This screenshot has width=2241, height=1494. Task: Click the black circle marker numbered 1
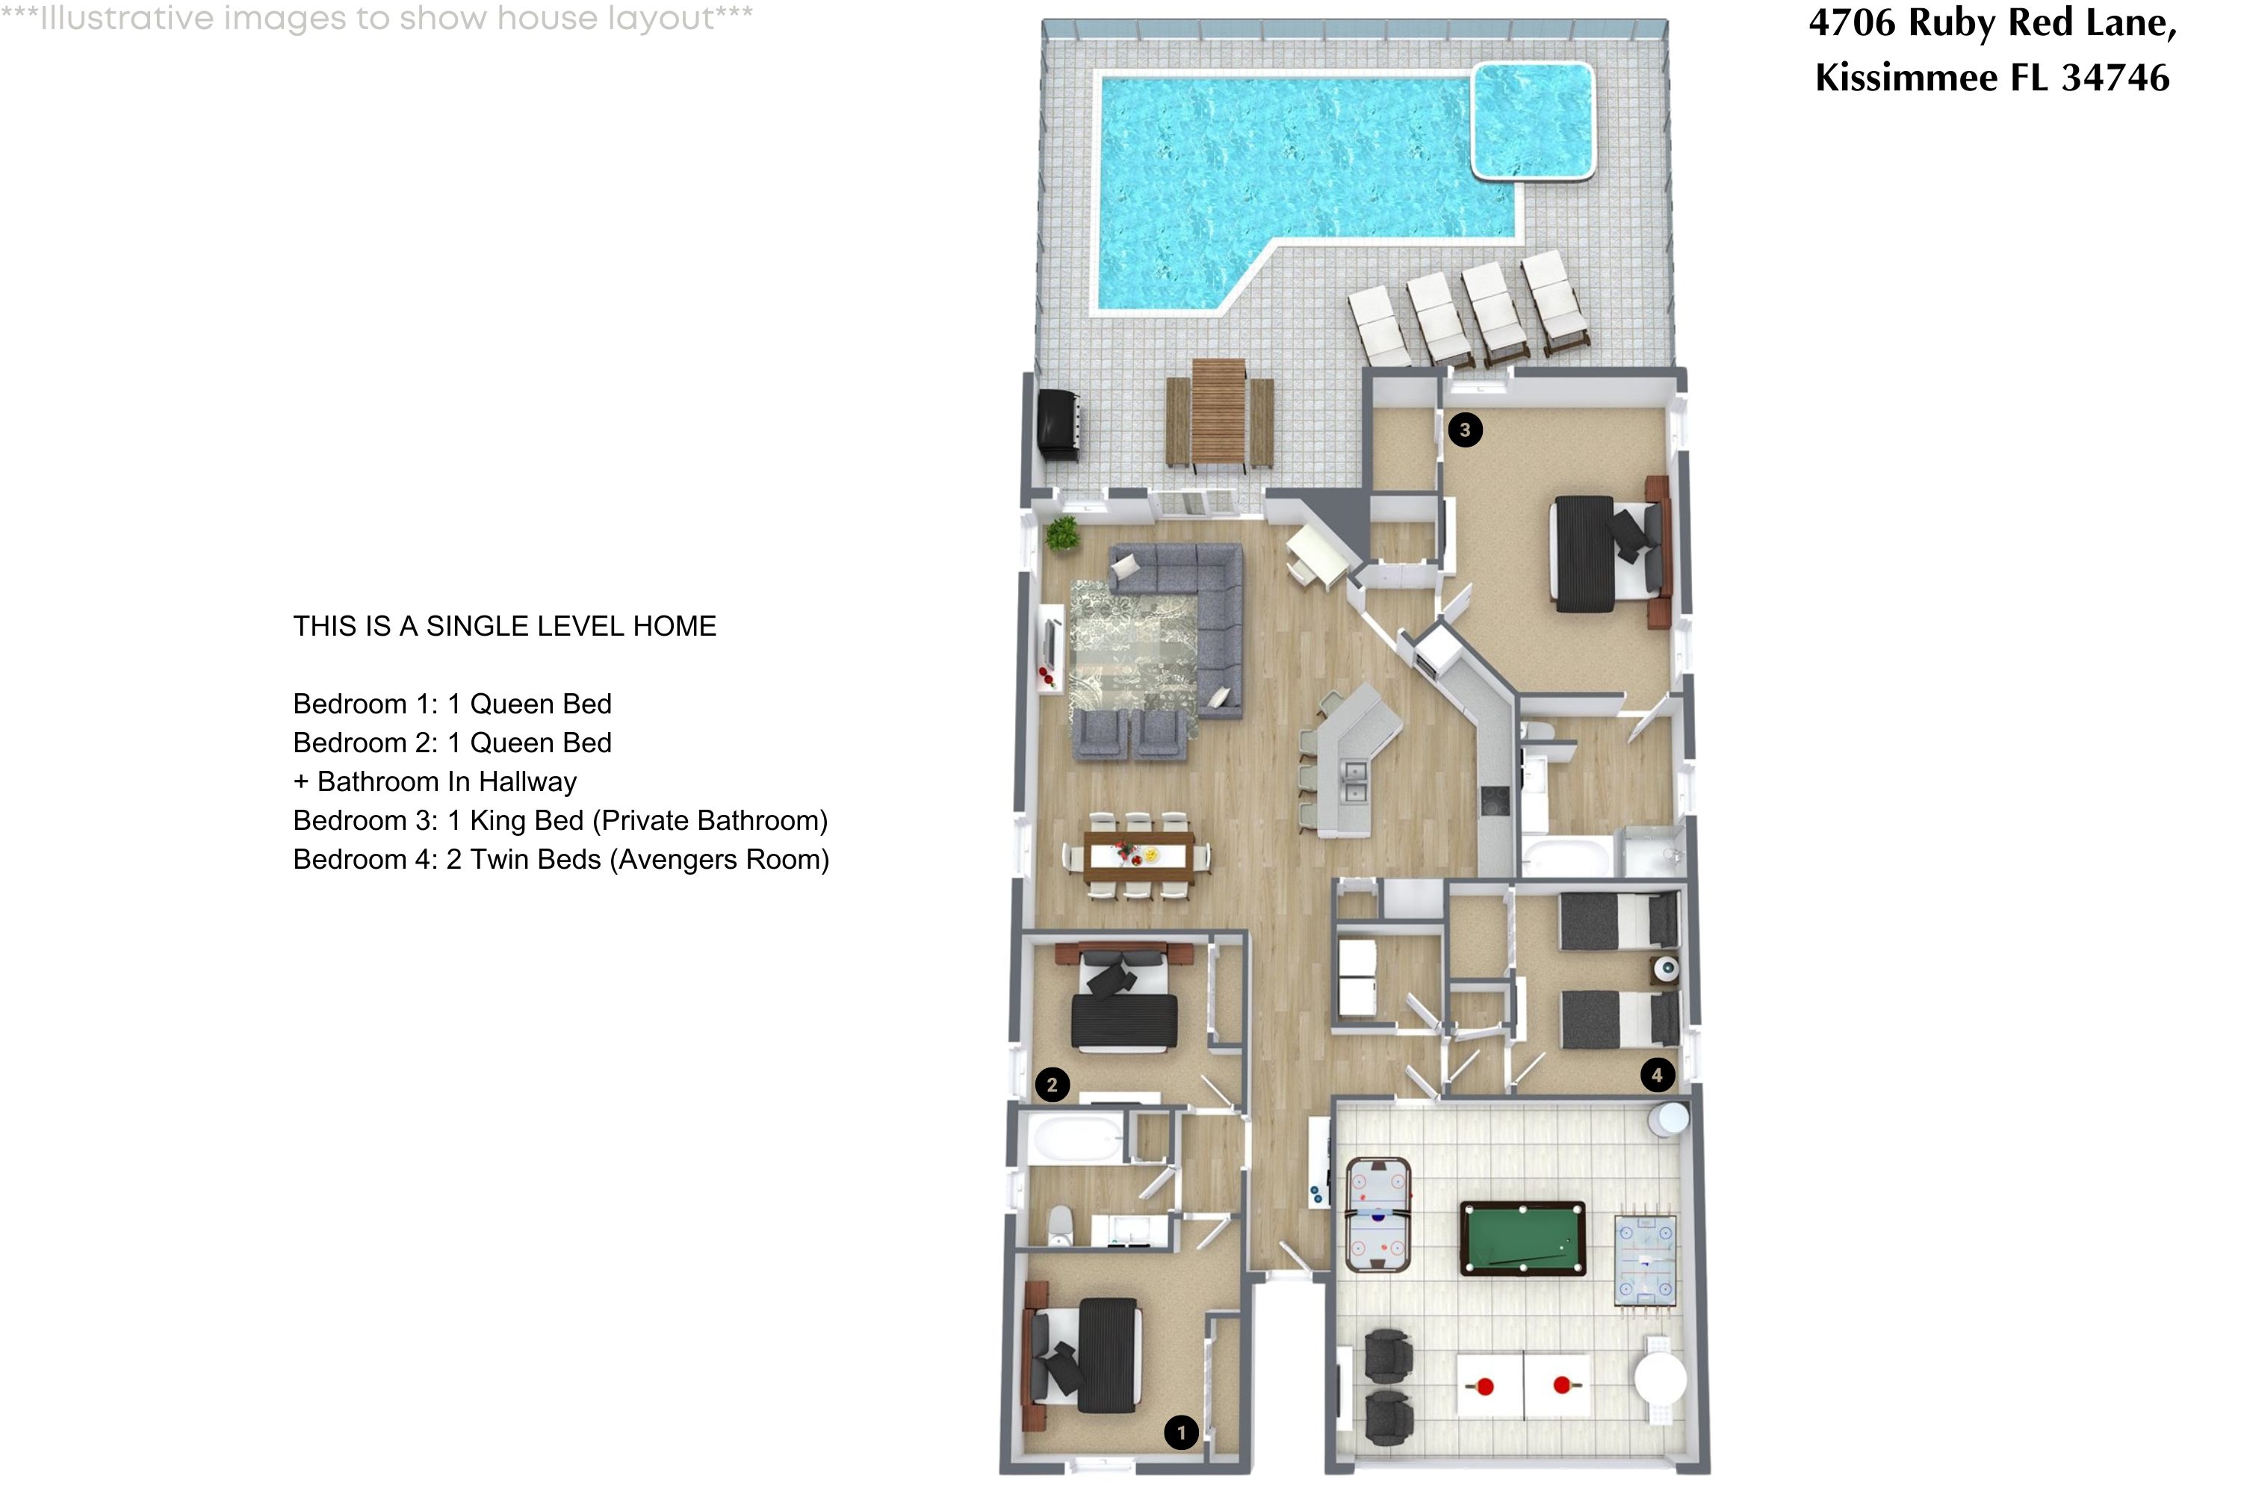tap(1182, 1432)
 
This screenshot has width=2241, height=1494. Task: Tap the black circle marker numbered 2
tap(1052, 1085)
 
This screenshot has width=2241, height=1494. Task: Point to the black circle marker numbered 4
tap(1657, 1075)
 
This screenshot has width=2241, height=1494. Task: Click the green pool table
tap(1522, 1239)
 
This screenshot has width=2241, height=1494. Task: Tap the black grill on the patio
tap(1058, 425)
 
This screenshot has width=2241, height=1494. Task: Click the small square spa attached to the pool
tap(1532, 120)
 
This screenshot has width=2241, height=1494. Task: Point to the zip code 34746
tap(2116, 77)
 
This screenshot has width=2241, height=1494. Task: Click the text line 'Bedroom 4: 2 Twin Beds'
tap(560, 860)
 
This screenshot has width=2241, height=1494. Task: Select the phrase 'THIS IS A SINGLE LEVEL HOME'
tap(504, 626)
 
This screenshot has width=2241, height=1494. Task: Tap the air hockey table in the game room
tap(1377, 1214)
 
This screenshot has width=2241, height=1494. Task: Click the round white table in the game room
tap(1660, 1379)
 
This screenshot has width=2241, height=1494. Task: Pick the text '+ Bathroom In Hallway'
tap(435, 781)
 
